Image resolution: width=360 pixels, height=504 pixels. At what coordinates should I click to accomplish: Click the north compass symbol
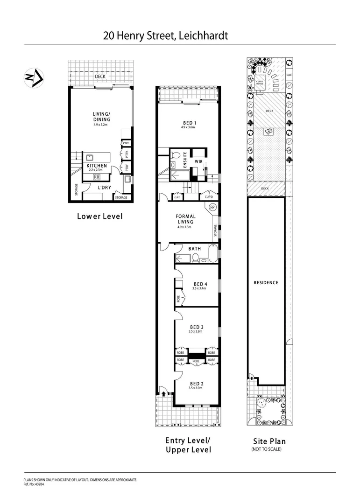pos(34,77)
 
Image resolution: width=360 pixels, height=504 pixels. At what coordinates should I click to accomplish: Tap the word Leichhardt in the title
pos(202,35)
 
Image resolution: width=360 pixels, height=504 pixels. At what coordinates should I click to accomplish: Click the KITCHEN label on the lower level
pos(97,166)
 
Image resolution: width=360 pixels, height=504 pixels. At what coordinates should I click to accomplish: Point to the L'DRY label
pos(104,188)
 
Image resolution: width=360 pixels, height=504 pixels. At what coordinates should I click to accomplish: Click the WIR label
pos(198,161)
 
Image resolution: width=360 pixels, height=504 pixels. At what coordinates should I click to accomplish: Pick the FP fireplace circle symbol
pos(212,207)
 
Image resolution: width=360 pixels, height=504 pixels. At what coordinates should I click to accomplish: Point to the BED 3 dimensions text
pos(197,331)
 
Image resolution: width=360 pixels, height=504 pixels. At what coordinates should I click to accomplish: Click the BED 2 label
pos(196,383)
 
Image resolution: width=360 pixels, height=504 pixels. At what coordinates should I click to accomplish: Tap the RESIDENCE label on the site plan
pos(266,282)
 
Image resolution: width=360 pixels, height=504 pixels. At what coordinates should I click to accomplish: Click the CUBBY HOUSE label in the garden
pos(260,82)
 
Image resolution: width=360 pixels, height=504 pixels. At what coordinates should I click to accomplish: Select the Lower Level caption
pos(99,216)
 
